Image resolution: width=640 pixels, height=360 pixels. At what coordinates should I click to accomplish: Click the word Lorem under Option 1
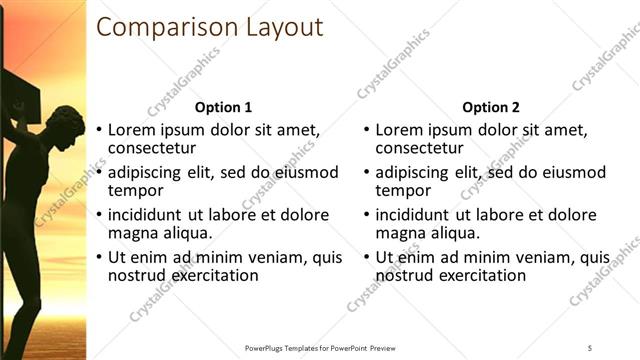coord(131,129)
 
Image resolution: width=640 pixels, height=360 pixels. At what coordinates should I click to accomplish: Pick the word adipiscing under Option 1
coord(146,172)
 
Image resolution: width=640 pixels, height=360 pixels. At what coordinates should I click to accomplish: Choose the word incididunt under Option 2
coord(418,214)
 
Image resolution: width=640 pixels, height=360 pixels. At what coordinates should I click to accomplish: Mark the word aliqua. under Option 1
coord(188,232)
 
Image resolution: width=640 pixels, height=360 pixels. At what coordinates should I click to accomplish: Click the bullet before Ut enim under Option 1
coord(98,258)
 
